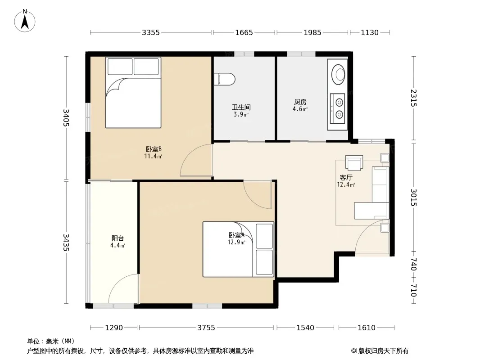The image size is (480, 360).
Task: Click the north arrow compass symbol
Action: [x=25, y=21]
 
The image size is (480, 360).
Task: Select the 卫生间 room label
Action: [x=241, y=107]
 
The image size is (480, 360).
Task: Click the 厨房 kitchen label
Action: [x=300, y=102]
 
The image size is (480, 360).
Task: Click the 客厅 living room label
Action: [x=346, y=177]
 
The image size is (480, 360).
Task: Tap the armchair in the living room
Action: [x=354, y=163]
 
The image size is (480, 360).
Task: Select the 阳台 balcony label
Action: [x=118, y=238]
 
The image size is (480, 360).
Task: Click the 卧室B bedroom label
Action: [x=154, y=149]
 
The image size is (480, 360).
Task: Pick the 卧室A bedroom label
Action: [x=236, y=235]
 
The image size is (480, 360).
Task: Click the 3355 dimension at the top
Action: [x=150, y=32]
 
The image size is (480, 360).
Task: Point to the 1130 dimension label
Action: [x=370, y=32]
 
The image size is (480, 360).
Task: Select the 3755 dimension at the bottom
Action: [x=206, y=328]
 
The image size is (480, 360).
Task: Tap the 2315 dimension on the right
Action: [x=413, y=98]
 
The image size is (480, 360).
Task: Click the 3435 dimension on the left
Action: [x=66, y=243]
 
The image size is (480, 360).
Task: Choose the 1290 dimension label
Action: [x=114, y=328]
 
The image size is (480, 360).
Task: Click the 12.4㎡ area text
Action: [x=346, y=185]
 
